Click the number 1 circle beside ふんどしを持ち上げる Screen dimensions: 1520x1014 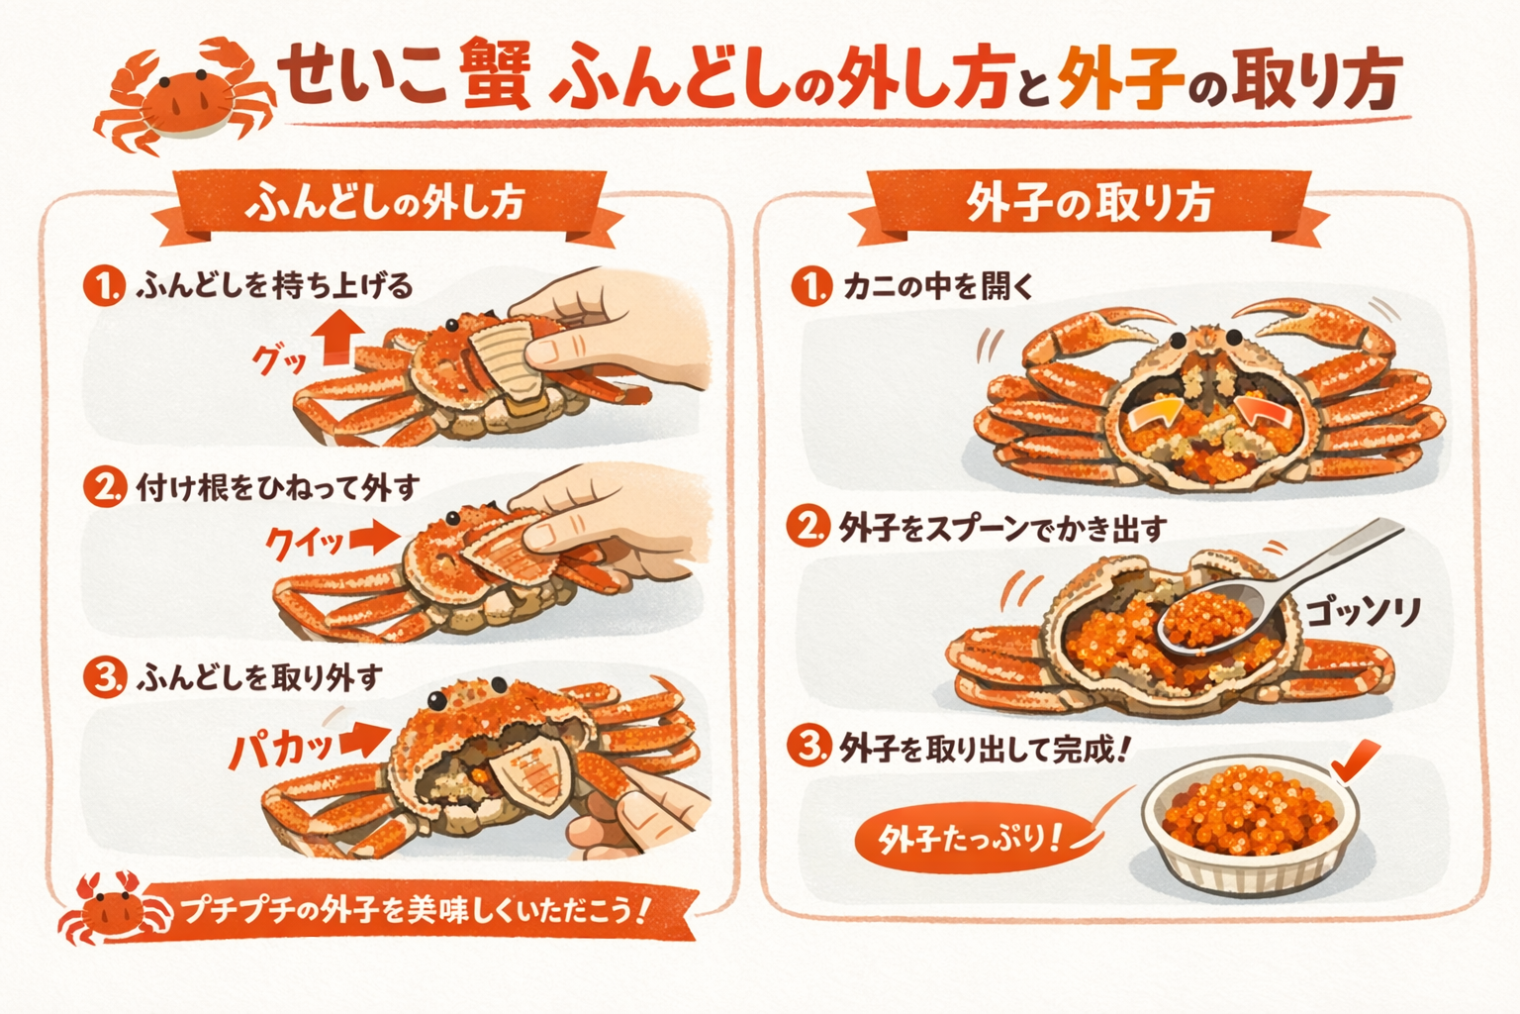click(105, 286)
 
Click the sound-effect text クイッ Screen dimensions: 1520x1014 click(305, 543)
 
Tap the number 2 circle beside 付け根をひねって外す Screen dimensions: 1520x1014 click(105, 487)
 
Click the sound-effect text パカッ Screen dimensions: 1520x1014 click(281, 749)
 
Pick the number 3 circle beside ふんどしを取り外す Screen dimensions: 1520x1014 click(105, 677)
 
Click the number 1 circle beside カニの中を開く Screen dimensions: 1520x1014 click(811, 286)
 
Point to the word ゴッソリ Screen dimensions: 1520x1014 click(1364, 612)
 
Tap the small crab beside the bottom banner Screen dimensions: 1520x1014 click(113, 908)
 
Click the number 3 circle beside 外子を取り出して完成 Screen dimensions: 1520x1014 click(808, 748)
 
